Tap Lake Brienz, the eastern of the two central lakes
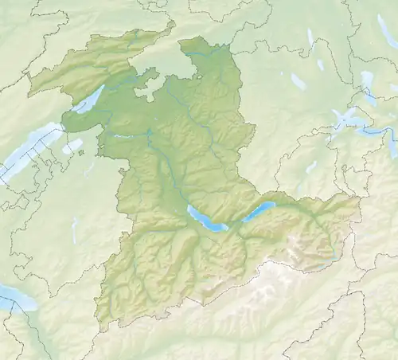pyautogui.click(x=258, y=209)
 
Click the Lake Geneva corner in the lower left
pyautogui.click(x=16, y=297)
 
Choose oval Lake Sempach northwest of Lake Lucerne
pyautogui.click(x=298, y=81)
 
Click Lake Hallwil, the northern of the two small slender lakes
pyautogui.click(x=310, y=37)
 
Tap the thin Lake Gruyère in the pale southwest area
pyautogui.click(x=74, y=231)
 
